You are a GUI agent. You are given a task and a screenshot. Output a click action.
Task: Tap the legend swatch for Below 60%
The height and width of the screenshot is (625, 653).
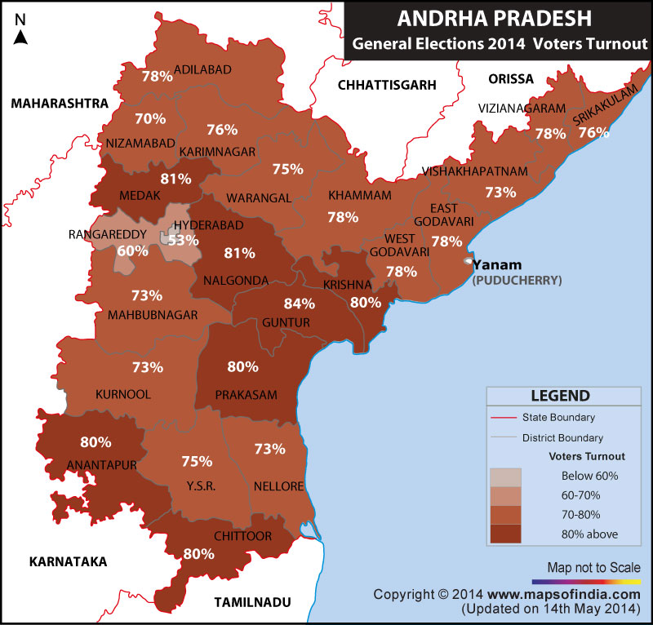pos(504,477)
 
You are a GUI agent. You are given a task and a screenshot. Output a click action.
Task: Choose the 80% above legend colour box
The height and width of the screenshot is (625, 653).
pos(504,534)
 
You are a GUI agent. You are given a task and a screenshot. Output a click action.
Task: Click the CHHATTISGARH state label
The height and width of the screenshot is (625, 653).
pos(387,84)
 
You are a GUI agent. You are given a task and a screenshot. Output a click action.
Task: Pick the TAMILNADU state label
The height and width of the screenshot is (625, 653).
pos(252,602)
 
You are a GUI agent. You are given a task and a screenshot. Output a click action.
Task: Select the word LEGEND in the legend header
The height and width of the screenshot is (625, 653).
pos(560,397)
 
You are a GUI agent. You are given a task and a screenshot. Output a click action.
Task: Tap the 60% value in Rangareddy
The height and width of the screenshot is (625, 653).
pos(127,250)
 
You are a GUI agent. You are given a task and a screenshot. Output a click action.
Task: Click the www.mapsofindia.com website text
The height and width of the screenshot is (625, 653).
pos(564,594)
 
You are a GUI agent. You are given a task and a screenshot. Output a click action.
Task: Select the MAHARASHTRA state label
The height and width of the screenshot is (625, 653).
pos(59,104)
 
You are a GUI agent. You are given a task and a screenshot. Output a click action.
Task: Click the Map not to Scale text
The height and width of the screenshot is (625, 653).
pos(593,567)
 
